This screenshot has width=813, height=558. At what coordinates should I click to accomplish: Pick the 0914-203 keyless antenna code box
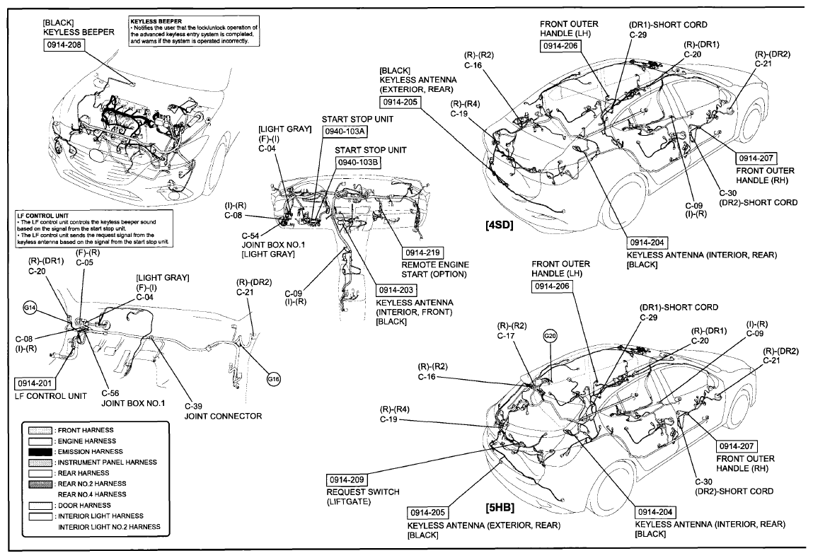point(398,290)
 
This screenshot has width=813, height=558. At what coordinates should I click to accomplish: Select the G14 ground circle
point(30,308)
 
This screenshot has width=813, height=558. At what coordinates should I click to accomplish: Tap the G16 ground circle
point(274,379)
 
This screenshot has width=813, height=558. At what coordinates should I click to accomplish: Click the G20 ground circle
point(550,335)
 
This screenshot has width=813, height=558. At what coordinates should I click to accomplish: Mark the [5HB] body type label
point(500,508)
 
